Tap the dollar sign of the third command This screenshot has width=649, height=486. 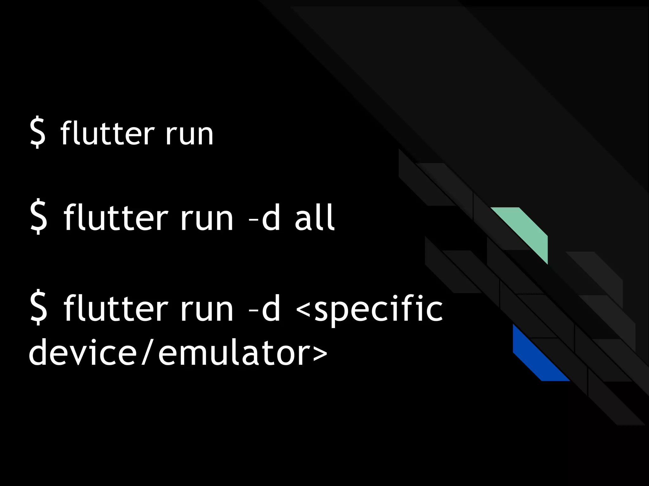click(39, 308)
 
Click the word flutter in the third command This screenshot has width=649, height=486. click(115, 308)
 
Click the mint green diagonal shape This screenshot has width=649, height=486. click(526, 231)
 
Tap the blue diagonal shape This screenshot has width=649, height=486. click(536, 358)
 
